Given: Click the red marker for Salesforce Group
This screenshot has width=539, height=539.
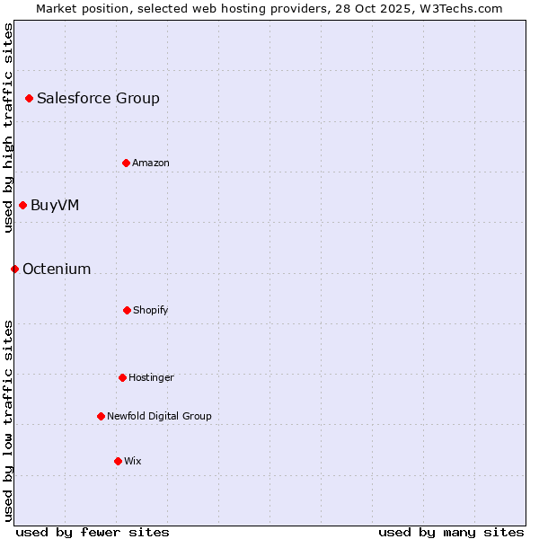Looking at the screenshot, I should [x=29, y=98].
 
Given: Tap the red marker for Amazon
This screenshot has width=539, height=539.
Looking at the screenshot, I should [x=126, y=163].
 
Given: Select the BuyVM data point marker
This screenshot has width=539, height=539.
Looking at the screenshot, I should [x=22, y=205].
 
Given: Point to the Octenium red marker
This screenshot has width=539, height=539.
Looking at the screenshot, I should [x=14, y=269].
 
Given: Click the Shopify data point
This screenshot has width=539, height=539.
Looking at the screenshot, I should [x=127, y=310].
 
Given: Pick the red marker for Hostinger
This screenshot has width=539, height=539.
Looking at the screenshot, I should [x=122, y=377].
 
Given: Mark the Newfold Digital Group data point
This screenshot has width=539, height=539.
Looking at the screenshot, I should [x=101, y=416].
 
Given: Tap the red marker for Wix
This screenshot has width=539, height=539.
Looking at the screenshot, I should [x=118, y=461].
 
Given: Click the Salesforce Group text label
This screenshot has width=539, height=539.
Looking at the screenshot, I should [x=98, y=98].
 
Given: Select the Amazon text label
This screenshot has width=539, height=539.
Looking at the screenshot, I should [x=151, y=163].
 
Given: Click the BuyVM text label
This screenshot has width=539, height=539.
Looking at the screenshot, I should [x=55, y=205].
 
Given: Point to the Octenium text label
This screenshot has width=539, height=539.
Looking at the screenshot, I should [x=57, y=269].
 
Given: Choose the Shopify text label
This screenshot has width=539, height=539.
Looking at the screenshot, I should [x=151, y=310].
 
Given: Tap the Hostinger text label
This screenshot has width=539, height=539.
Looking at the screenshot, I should [x=151, y=377].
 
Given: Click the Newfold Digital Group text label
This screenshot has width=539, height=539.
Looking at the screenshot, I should [x=159, y=416].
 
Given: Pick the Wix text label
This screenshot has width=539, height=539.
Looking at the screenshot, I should [x=133, y=461].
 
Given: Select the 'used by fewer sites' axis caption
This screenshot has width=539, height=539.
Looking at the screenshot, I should [x=93, y=532].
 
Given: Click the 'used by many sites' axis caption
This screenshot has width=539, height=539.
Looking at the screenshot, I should [x=451, y=532].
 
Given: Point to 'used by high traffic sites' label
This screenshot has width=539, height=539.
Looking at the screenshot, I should [x=8, y=128].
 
